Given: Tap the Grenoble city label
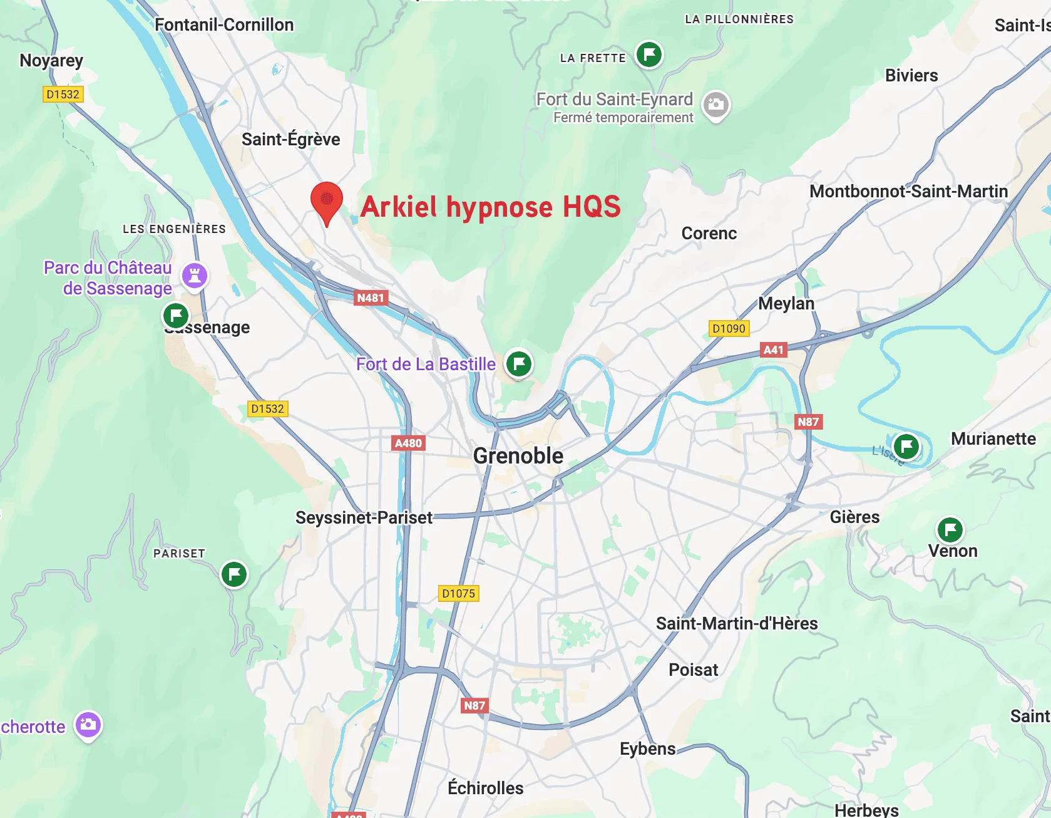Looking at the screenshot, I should pyautogui.click(x=518, y=455).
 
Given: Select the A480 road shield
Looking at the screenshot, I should pyautogui.click(x=408, y=443).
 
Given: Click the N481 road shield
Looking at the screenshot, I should pyautogui.click(x=370, y=298).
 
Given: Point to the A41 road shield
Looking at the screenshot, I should pyautogui.click(x=773, y=350).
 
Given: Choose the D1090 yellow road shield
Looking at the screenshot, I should pyautogui.click(x=729, y=329).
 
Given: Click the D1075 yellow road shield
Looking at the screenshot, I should pyautogui.click(x=458, y=594).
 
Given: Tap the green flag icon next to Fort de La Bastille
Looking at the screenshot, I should pyautogui.click(x=519, y=363).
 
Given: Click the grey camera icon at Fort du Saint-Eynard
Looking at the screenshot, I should pyautogui.click(x=715, y=105).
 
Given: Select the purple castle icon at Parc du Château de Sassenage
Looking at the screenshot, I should pyautogui.click(x=195, y=275).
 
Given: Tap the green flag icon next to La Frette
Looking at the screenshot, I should pyautogui.click(x=649, y=54).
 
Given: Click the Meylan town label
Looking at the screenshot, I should pyautogui.click(x=786, y=304).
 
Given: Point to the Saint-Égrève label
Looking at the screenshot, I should pyautogui.click(x=290, y=139).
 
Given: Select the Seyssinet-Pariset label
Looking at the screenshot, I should pyautogui.click(x=364, y=518).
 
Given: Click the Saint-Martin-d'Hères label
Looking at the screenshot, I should pyautogui.click(x=737, y=624).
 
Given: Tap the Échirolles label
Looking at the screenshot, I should pyautogui.click(x=485, y=788).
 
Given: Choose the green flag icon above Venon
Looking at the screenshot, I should pyautogui.click(x=950, y=530).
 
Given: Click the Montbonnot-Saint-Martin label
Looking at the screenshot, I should pyautogui.click(x=908, y=192).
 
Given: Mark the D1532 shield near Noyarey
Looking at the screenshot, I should pyautogui.click(x=63, y=95).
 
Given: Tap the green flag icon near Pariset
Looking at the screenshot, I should pyautogui.click(x=234, y=574).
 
